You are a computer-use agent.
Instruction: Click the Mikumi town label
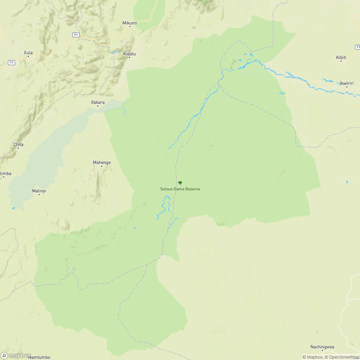(x=130, y=23)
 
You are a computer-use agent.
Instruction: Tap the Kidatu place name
(x=130, y=54)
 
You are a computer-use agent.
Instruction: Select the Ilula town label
(x=28, y=53)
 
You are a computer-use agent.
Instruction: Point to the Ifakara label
(x=98, y=102)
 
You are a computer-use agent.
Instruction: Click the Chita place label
(x=18, y=144)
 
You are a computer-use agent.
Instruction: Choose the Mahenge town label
(x=102, y=162)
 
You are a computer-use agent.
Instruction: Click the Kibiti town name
(x=341, y=57)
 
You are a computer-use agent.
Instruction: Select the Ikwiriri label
(x=347, y=83)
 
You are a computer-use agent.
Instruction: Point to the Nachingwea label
(x=322, y=347)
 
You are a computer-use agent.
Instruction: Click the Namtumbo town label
(x=39, y=357)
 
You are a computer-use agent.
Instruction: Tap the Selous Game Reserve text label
(x=180, y=189)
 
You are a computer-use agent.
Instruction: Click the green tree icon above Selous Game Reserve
(x=180, y=183)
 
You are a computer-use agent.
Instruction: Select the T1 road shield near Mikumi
(x=76, y=35)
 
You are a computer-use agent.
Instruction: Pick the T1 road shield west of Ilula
(x=12, y=63)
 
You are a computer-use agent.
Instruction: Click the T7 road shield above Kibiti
(x=357, y=47)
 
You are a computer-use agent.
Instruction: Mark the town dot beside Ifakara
(x=98, y=106)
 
